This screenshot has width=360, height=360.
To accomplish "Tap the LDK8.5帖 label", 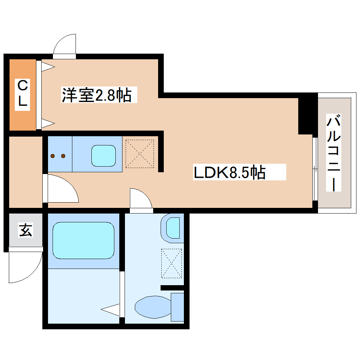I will (229, 173).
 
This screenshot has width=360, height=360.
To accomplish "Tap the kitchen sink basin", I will (104, 155).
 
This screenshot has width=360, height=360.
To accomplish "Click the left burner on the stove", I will (53, 156).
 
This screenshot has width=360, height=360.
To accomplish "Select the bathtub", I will (83, 240).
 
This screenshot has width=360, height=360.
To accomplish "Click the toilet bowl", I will (152, 306).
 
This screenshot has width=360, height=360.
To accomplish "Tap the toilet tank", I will (178, 307).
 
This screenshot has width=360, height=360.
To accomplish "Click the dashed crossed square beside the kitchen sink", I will (140, 154).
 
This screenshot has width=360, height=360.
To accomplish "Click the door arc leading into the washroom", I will (141, 199).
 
